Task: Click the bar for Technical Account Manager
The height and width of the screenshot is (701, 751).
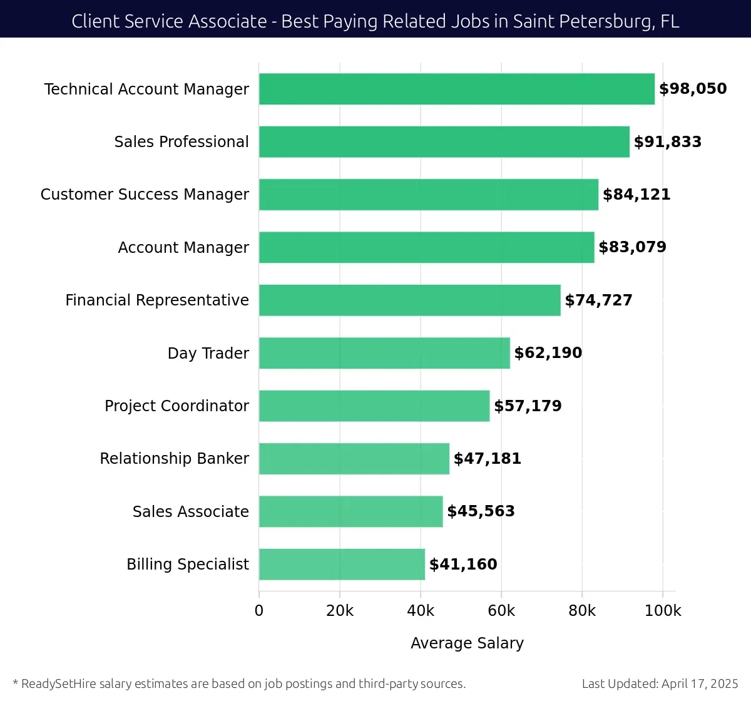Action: click(457, 89)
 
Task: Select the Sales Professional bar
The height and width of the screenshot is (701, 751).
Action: click(444, 141)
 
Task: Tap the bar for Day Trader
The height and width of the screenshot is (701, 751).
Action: click(384, 353)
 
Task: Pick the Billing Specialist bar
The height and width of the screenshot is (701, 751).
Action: click(342, 564)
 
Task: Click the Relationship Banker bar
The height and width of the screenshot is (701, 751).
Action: click(354, 459)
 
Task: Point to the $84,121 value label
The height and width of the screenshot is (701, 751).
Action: click(636, 195)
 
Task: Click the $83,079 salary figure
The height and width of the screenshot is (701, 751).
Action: click(632, 247)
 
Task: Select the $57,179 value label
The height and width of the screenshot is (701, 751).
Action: click(528, 406)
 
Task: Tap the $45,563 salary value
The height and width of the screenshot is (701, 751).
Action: click(481, 511)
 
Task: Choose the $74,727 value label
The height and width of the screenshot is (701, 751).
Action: click(598, 300)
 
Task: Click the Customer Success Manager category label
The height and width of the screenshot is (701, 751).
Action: click(145, 195)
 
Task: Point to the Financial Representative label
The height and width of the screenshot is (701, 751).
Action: click(157, 300)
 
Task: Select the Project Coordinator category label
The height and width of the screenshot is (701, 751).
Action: click(176, 406)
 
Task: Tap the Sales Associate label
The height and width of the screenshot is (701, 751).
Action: click(190, 512)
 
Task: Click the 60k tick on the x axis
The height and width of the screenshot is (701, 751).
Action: click(501, 611)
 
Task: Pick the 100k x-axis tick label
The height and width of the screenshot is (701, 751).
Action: click(663, 611)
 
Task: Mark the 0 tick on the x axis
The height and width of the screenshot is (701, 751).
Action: click(259, 611)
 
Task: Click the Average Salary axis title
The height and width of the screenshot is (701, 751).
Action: click(467, 643)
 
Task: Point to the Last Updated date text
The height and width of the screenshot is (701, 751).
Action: click(660, 683)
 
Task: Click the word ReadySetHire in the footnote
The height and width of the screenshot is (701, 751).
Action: click(59, 683)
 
